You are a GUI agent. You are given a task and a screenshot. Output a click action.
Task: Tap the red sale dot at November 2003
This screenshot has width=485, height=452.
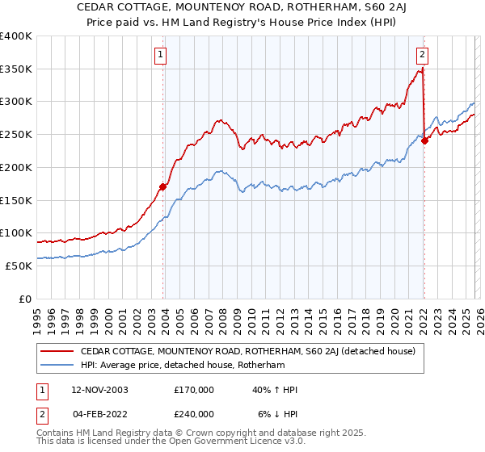[163, 187]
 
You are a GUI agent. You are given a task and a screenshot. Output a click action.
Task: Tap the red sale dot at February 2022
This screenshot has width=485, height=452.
[425, 141]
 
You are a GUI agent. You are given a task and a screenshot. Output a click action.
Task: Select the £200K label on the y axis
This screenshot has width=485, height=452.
[16, 168]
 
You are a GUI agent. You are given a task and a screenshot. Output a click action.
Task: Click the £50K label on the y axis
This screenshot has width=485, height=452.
[19, 266]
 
